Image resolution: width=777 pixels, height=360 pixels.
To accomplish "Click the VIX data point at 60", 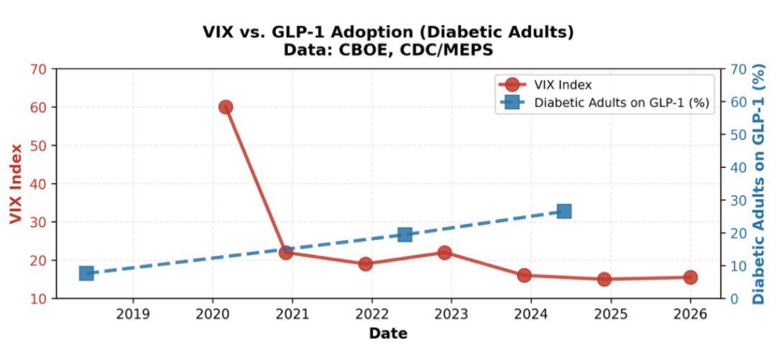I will (x=225, y=107).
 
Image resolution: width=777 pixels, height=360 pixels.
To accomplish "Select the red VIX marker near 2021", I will (x=285, y=252).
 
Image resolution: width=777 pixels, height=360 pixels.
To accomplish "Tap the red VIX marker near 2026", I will (x=690, y=277).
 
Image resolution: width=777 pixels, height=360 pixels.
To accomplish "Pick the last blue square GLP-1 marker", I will (x=564, y=211).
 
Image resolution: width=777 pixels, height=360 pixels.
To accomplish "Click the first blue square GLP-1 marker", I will (x=86, y=273).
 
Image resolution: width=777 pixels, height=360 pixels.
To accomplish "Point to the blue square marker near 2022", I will (x=405, y=235).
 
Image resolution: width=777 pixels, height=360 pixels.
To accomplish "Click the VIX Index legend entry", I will (x=563, y=85).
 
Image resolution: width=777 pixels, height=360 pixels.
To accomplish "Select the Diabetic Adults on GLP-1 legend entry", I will (x=622, y=102).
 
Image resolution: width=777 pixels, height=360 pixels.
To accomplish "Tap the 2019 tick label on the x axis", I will (x=133, y=314).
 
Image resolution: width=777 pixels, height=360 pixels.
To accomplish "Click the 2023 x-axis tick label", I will (x=451, y=314).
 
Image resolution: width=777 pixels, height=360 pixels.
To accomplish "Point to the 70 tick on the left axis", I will (x=39, y=70).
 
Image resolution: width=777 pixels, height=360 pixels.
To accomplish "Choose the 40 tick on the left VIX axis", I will (x=39, y=184).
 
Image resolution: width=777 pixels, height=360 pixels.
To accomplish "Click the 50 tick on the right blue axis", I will (x=736, y=135).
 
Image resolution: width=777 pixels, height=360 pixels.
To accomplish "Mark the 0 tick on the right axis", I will (x=732, y=298).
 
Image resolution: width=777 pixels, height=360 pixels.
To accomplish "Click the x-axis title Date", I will (x=388, y=333).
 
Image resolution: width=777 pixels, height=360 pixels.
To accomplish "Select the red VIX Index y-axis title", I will (x=16, y=184).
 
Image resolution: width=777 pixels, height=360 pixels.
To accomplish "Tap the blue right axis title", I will (x=760, y=184).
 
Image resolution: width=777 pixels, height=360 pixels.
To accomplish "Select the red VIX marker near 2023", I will (x=444, y=252).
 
